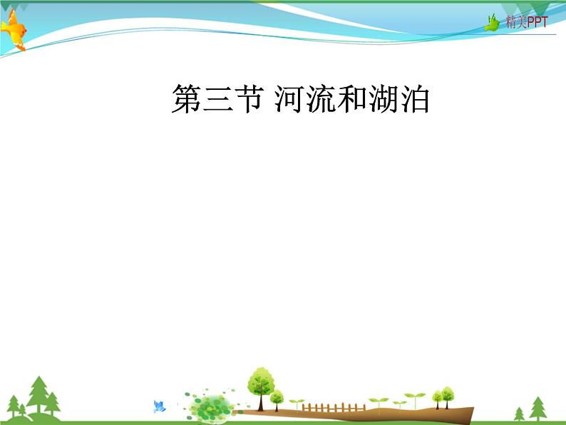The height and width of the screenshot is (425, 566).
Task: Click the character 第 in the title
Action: tap(186, 98)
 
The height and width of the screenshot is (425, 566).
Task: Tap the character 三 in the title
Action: tap(217, 98)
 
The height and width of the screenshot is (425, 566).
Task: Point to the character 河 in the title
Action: tap(289, 98)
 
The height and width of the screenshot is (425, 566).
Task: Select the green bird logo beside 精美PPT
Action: tap(492, 22)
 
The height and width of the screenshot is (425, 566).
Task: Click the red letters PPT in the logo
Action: tap(537, 22)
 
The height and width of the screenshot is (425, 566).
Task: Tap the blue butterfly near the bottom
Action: tap(159, 406)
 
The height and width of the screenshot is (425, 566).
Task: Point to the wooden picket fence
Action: tap(334, 408)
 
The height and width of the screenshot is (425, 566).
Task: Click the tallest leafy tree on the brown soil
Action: tap(261, 389)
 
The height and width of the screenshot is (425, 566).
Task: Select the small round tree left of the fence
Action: tap(277, 400)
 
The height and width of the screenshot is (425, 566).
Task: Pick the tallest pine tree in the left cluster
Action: tap(38, 394)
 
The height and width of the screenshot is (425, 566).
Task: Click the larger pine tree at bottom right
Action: tap(538, 409)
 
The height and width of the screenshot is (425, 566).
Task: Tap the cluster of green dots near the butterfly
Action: tap(209, 404)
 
